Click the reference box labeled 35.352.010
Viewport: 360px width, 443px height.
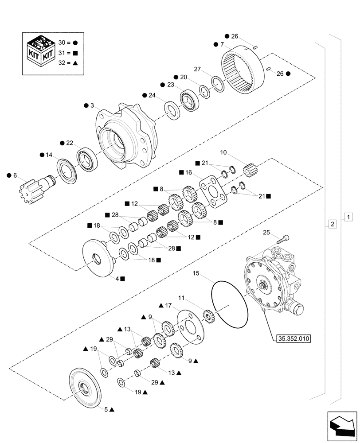[x=293, y=339]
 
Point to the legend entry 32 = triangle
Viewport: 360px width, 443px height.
[x=68, y=63]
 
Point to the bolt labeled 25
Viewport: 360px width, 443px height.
[x=283, y=239]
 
